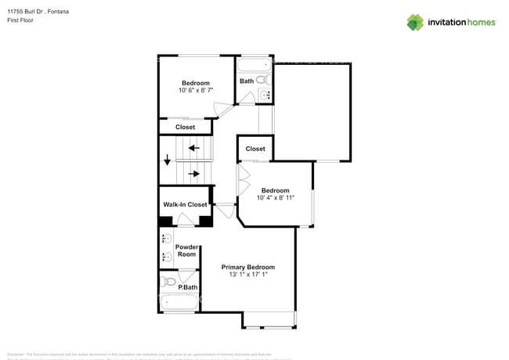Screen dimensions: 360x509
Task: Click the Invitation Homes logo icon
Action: [x=415, y=22]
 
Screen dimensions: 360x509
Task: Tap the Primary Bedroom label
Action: [x=247, y=267]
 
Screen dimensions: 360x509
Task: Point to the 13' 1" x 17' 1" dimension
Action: [x=247, y=275]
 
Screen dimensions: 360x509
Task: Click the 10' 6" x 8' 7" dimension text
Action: [x=196, y=92]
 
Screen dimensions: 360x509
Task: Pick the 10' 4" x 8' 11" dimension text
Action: [x=275, y=199]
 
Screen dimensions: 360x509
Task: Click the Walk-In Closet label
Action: [x=185, y=205]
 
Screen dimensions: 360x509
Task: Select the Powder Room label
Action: [x=186, y=250]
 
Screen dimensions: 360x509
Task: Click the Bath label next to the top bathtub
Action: [x=247, y=81]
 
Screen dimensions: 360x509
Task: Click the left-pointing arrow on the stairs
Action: [x=193, y=147]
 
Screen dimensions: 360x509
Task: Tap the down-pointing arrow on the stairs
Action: [x=167, y=160]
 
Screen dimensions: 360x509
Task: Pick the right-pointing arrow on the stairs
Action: [x=193, y=174]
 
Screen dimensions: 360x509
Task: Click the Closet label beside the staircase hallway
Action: [x=255, y=149]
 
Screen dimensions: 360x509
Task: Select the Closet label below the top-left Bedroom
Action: [x=185, y=127]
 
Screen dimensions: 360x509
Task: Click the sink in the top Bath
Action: [x=264, y=95]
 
